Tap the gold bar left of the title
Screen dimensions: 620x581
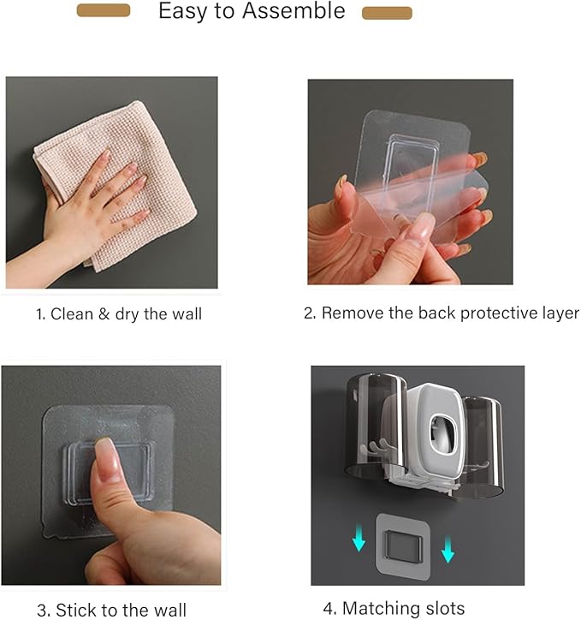104,10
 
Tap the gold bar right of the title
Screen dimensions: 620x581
387,13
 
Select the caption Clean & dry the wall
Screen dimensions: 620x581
119,314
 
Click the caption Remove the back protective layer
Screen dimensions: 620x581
441,313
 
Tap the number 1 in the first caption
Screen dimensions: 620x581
39,314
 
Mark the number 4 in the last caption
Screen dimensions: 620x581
328,608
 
